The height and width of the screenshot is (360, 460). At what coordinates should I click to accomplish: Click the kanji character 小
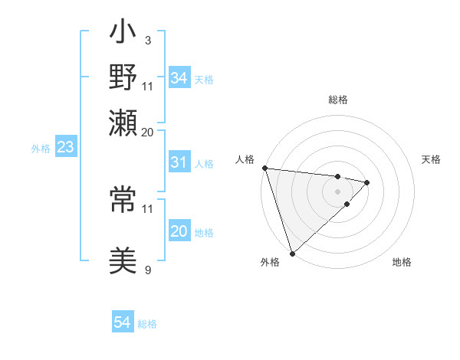pos(123,35)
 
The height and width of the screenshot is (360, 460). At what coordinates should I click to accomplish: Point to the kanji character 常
pos(123,201)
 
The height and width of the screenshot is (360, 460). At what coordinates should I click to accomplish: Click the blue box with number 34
pos(179,78)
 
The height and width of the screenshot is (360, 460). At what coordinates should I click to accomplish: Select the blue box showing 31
pos(179,162)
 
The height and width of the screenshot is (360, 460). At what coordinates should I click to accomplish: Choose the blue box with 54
pos(122,323)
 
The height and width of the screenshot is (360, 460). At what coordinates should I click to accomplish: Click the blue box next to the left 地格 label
pos(179,232)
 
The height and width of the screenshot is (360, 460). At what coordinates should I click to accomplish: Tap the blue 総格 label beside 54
pos(147,324)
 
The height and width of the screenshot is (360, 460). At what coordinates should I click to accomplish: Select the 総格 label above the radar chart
pos(338,100)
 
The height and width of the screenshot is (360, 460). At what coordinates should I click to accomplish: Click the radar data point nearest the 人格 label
pos(264,168)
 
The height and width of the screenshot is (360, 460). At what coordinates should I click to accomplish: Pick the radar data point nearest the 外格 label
pos(292,253)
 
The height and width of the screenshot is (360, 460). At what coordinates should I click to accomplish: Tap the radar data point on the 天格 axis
pos(367,182)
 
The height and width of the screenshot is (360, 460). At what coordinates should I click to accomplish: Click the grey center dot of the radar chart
pos(338,191)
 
